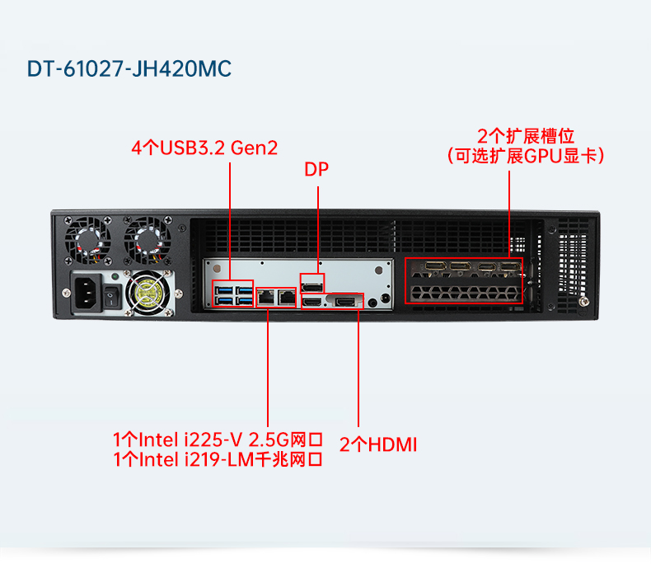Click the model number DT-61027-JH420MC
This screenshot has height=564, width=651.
130,68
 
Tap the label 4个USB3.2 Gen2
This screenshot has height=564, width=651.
204,148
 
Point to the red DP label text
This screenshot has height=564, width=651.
316,170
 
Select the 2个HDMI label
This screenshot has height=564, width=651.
378,444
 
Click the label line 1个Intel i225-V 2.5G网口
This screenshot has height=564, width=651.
217,439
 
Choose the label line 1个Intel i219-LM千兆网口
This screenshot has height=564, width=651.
217,459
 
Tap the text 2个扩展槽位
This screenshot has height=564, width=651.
526,136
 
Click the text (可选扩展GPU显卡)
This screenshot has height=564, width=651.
526,155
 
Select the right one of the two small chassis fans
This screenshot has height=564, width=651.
146,240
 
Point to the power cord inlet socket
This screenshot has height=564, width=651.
87,294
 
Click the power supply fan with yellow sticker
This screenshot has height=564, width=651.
150,291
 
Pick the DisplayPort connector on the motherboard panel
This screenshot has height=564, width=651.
312,285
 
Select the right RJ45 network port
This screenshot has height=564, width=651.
286,296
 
